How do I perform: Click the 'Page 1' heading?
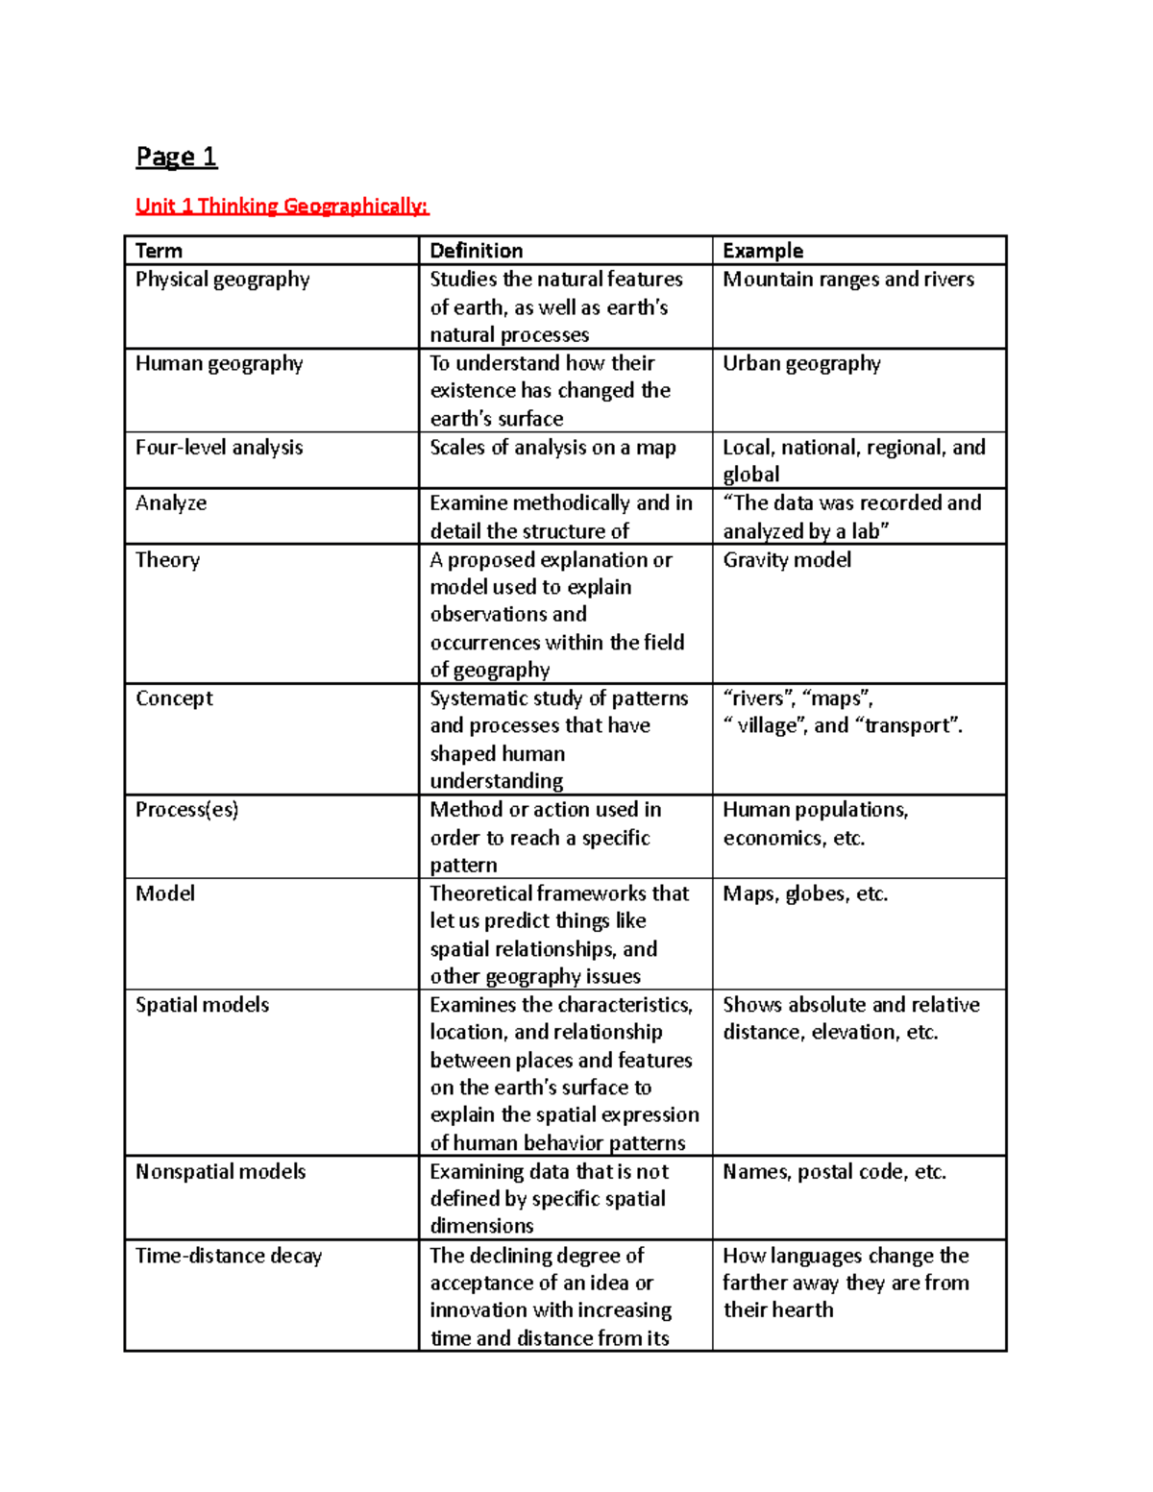click(177, 157)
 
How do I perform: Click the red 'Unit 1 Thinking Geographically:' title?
click(282, 206)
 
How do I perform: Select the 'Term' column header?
click(159, 251)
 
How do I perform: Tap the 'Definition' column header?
click(476, 251)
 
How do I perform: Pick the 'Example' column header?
click(762, 251)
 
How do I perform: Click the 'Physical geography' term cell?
click(222, 280)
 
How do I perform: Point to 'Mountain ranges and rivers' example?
click(847, 280)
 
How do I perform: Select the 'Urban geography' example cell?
click(801, 363)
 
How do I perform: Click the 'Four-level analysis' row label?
click(219, 447)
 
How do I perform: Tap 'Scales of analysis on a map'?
click(552, 447)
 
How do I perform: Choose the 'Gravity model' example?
click(786, 559)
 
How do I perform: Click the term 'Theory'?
click(167, 559)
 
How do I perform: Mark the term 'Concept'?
click(174, 698)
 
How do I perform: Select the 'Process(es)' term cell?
click(186, 809)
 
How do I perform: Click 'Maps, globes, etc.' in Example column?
click(804, 893)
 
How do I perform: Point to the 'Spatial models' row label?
click(202, 1005)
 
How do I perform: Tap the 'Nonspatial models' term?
click(220, 1171)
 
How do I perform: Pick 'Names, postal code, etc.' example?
click(834, 1171)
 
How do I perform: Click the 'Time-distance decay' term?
click(229, 1256)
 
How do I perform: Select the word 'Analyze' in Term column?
click(171, 503)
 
